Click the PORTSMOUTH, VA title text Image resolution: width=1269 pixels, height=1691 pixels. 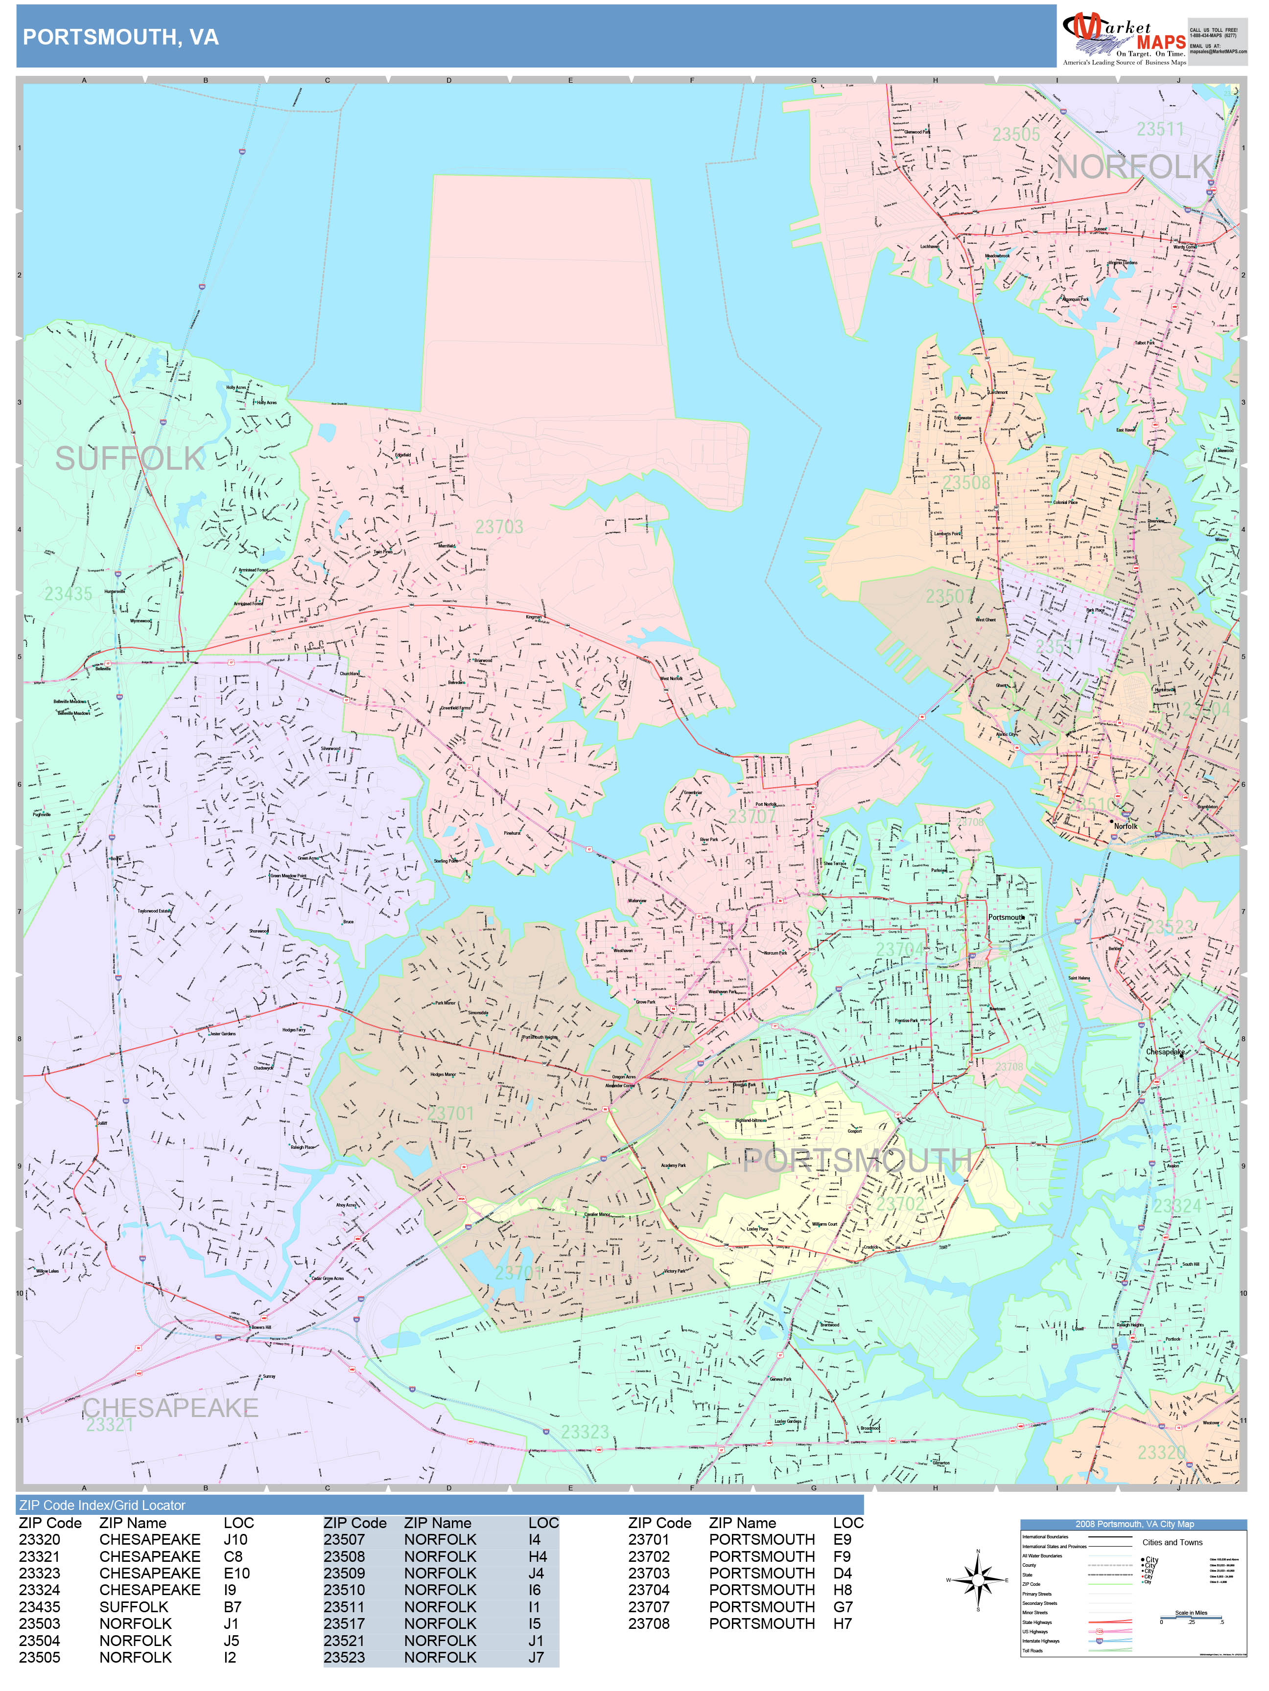[x=121, y=37]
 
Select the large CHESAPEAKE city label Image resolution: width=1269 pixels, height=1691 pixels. [x=170, y=1407]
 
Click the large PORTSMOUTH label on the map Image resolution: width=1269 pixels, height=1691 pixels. [x=857, y=1161]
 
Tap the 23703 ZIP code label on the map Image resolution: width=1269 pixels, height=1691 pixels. [x=499, y=526]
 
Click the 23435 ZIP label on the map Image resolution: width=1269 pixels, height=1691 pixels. [x=68, y=594]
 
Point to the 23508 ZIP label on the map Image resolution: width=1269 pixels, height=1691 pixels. [x=966, y=482]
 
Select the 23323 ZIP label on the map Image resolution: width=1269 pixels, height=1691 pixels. [x=585, y=1432]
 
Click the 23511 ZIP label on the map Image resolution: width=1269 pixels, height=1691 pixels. [x=1160, y=129]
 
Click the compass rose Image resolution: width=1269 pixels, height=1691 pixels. [x=978, y=1580]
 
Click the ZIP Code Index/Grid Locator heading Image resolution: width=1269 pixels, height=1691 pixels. [x=102, y=1505]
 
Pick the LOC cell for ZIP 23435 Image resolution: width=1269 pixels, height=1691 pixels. [x=232, y=1607]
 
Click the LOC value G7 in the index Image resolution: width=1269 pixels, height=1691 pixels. [x=842, y=1607]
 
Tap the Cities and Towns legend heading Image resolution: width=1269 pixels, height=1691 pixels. [x=1172, y=1542]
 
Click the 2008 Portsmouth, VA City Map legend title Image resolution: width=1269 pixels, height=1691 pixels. [x=1133, y=1524]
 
